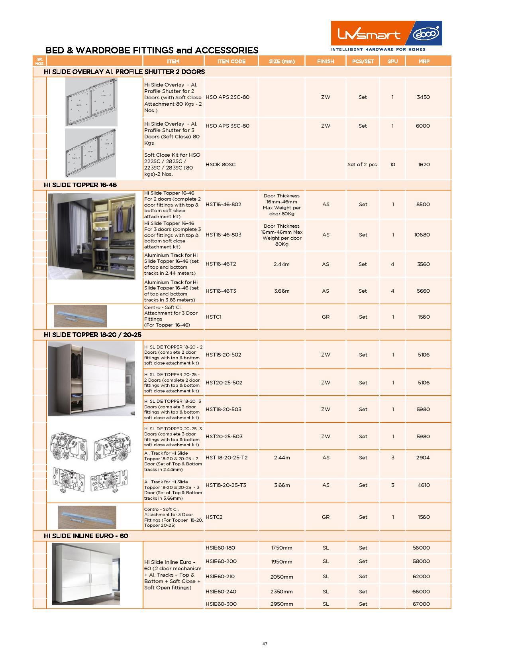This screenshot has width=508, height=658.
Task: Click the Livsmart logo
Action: click(386, 35)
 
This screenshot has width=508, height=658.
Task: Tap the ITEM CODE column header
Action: click(231, 61)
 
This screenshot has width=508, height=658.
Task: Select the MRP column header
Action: click(424, 61)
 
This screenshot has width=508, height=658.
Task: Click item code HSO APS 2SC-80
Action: click(227, 97)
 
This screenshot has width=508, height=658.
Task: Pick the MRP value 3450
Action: click(423, 97)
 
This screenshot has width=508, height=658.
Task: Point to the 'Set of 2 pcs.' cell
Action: click(363, 165)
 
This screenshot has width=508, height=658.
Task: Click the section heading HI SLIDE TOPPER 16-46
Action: click(80, 185)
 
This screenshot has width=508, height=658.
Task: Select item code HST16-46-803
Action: click(223, 235)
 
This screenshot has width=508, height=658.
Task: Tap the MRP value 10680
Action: click(422, 235)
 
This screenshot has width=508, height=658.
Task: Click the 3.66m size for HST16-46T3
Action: click(282, 291)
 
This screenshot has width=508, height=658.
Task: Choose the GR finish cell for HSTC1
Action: click(326, 317)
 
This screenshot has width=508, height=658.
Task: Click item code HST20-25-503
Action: click(224, 437)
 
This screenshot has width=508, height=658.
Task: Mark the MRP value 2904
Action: click(423, 458)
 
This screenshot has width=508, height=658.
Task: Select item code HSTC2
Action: click(214, 517)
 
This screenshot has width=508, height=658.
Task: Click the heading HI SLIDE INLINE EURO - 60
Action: click(86, 536)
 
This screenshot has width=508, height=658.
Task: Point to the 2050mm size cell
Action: click(282, 577)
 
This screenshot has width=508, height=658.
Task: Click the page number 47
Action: click(265, 644)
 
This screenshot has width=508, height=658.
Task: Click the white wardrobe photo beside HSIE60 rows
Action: click(86, 574)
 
